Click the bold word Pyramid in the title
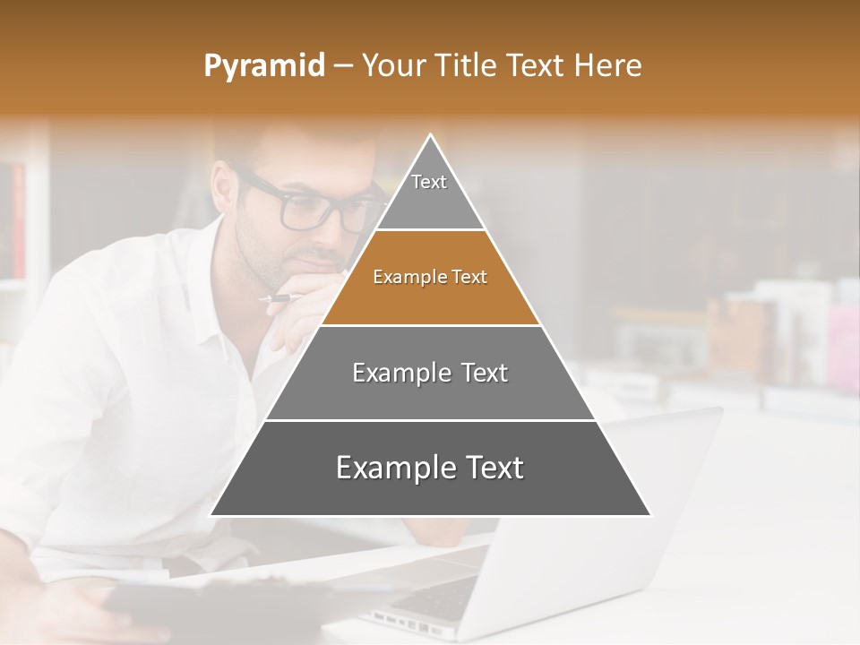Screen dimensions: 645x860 click(x=263, y=66)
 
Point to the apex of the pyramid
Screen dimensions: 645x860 click(x=431, y=136)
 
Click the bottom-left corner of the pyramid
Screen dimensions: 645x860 click(x=212, y=514)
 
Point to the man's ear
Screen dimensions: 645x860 click(x=224, y=184)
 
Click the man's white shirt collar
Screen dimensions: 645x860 click(x=219, y=269)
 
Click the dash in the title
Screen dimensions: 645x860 click(x=343, y=66)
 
